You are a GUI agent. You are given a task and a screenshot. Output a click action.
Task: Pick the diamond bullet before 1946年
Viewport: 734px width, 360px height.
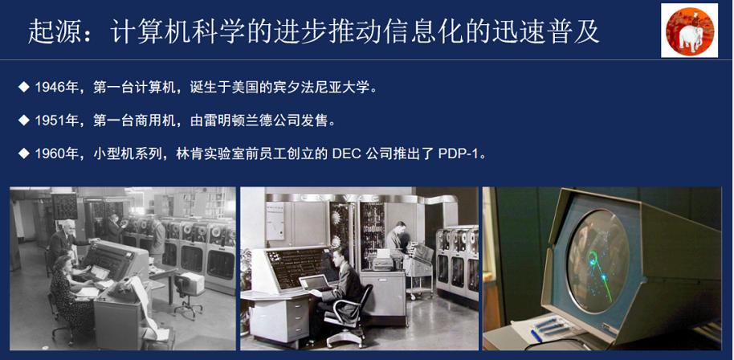click(x=23, y=87)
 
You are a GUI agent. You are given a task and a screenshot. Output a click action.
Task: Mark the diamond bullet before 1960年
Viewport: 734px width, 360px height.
click(x=23, y=153)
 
